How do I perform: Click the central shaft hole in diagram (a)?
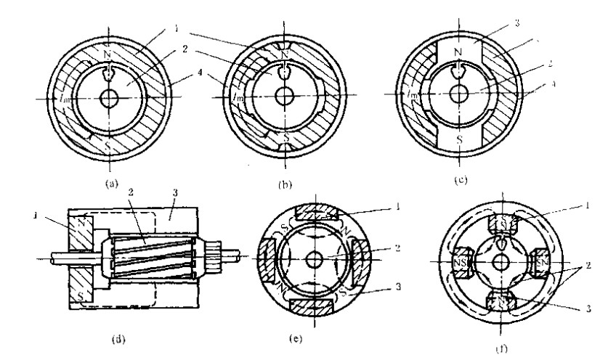point(109,99)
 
